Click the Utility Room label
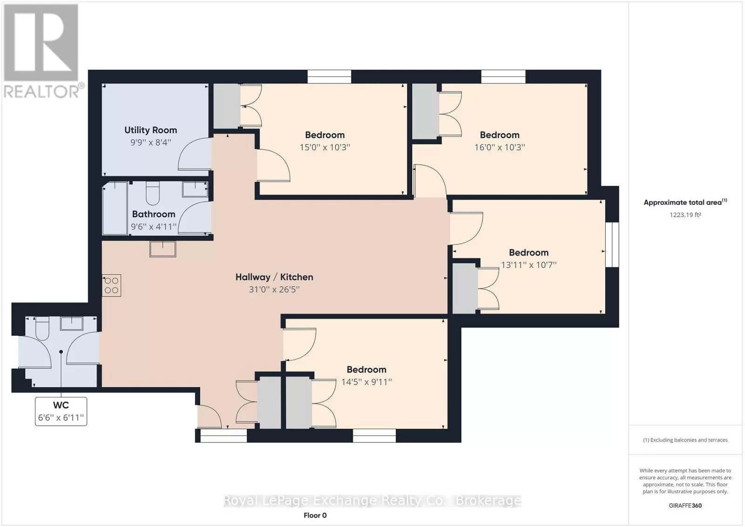click(151, 130)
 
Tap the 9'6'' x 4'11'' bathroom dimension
click(154, 227)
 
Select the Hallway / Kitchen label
click(274, 277)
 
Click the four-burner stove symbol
click(111, 285)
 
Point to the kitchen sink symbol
click(163, 249)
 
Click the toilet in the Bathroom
click(153, 193)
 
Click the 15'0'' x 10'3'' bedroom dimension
click(325, 147)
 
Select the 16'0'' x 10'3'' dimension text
click(500, 147)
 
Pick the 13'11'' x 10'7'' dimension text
click(529, 265)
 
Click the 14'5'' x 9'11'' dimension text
click(366, 382)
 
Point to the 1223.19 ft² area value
click(685, 215)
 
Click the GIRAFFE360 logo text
click(685, 506)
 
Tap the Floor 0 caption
click(315, 515)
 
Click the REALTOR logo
click(42, 52)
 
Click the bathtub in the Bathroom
click(115, 208)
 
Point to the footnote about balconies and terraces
click(685, 440)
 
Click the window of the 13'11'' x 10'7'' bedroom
click(612, 244)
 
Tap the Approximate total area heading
click(685, 202)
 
